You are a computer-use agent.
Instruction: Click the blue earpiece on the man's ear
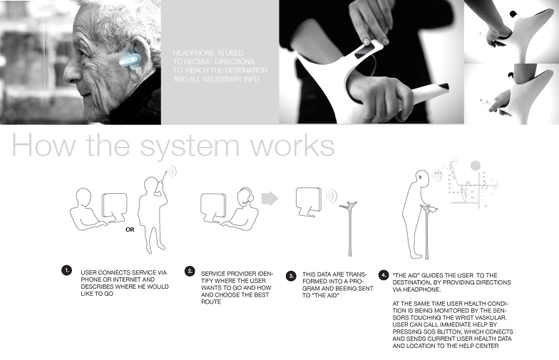[128, 61]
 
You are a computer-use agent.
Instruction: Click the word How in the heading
[44, 145]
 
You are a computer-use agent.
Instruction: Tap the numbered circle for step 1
[66, 271]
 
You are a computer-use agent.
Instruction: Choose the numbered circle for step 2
[190, 271]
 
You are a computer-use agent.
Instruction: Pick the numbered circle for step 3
[291, 276]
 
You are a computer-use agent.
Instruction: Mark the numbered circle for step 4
[384, 275]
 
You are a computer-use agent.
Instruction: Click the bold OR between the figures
[130, 230]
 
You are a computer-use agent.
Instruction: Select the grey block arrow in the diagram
[270, 199]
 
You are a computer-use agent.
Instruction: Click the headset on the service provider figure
[248, 197]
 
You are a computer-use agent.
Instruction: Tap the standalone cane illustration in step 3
[349, 228]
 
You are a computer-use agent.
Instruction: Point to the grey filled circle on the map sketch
[475, 165]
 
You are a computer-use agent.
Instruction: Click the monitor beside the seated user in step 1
[114, 207]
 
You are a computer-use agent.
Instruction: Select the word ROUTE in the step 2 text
[211, 302]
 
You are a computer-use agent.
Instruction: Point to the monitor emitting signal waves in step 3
[309, 201]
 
